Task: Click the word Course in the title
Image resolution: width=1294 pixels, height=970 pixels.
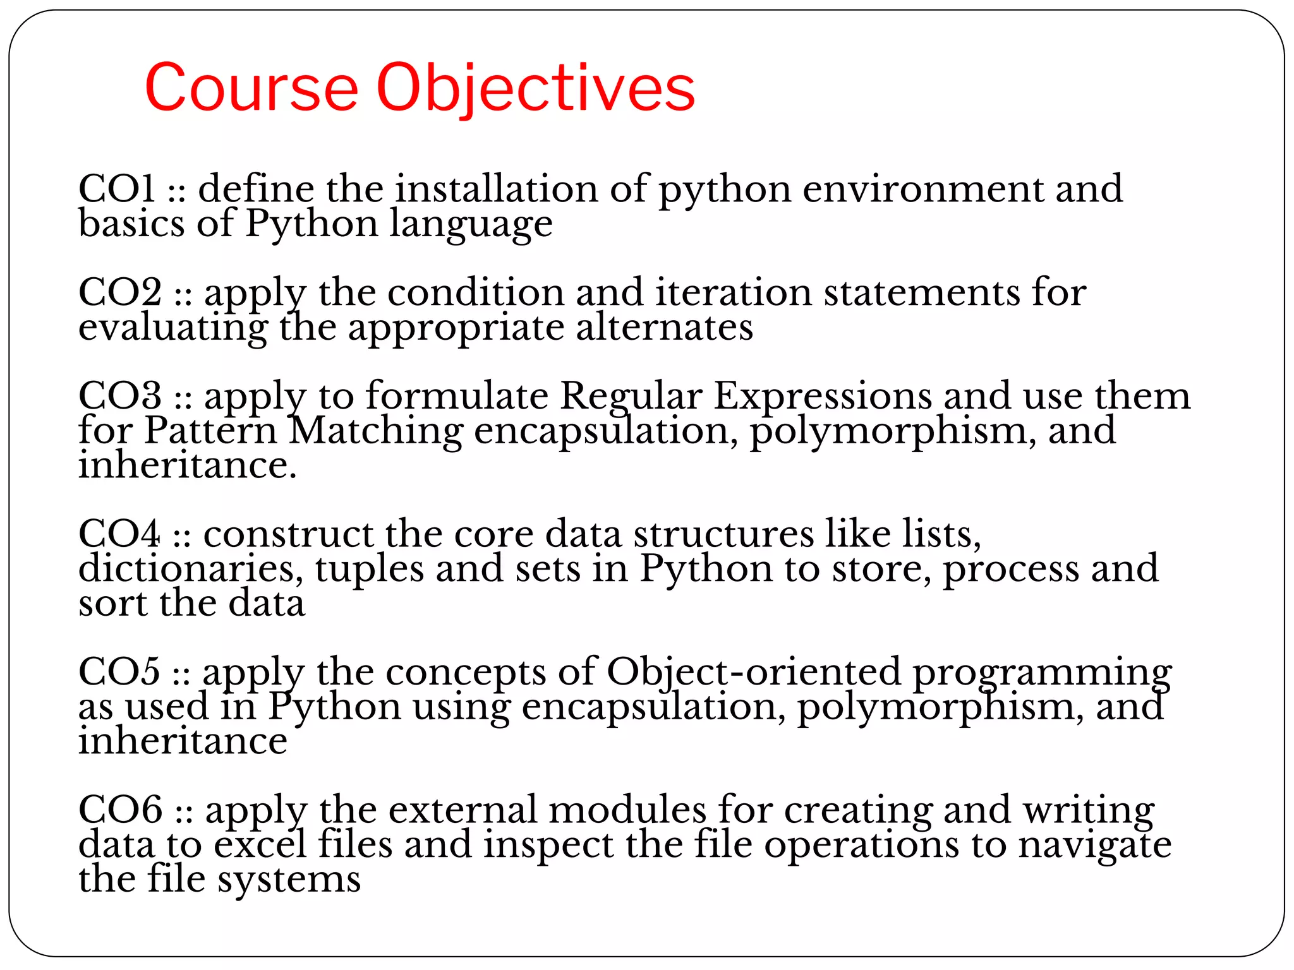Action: pos(251,88)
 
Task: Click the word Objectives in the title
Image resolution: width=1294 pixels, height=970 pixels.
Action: pos(536,88)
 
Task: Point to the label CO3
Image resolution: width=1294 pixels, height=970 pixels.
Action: pos(120,396)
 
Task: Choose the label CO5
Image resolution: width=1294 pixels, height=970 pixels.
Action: pos(119,671)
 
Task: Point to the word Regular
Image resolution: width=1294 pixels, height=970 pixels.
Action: pos(631,396)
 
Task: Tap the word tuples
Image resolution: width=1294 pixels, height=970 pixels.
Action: pos(370,569)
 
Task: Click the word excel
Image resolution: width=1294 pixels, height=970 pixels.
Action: pos(260,844)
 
